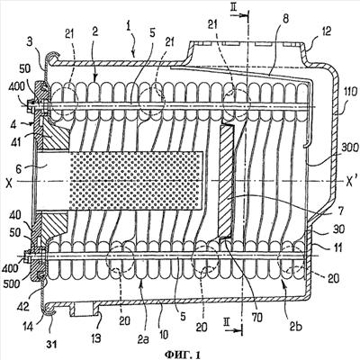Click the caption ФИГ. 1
click(183, 355)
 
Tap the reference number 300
click(348, 148)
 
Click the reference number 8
click(285, 19)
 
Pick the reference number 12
click(326, 31)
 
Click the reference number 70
click(257, 317)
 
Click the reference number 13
click(94, 338)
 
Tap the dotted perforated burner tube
click(137, 180)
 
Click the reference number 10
click(164, 334)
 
